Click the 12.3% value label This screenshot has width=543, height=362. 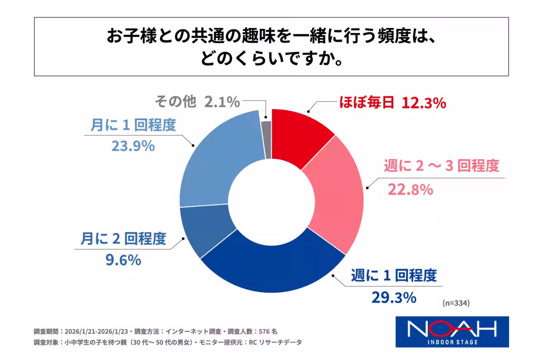pyautogui.click(x=424, y=104)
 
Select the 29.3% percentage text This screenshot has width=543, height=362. pyautogui.click(x=393, y=297)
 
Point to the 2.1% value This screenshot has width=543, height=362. pyautogui.click(x=222, y=102)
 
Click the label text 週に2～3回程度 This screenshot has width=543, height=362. pyautogui.click(x=441, y=166)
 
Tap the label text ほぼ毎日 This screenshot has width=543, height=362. pyautogui.click(x=367, y=104)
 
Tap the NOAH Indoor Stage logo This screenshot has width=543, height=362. pyautogui.click(x=452, y=331)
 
